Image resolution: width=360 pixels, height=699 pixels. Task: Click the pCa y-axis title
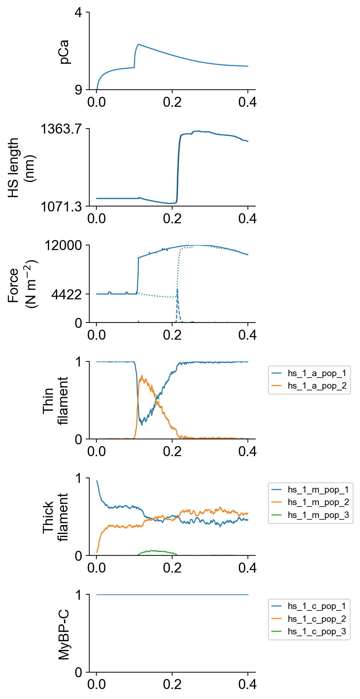pos(65,52)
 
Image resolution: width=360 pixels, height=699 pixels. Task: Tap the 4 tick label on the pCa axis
pos(78,13)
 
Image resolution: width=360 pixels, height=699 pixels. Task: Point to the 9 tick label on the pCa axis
pos(78,90)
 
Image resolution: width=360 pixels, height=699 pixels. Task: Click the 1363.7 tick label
pos(61,129)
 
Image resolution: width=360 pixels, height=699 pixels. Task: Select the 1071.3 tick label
pos(61,206)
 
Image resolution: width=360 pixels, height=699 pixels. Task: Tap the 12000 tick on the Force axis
pos(63,246)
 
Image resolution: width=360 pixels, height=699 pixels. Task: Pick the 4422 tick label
pos(67,295)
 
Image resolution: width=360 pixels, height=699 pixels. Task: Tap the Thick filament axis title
pos(55,518)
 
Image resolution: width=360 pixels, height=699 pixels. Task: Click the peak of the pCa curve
pos(138,44)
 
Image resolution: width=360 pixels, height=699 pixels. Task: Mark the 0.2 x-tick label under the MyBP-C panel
pos(172,684)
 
